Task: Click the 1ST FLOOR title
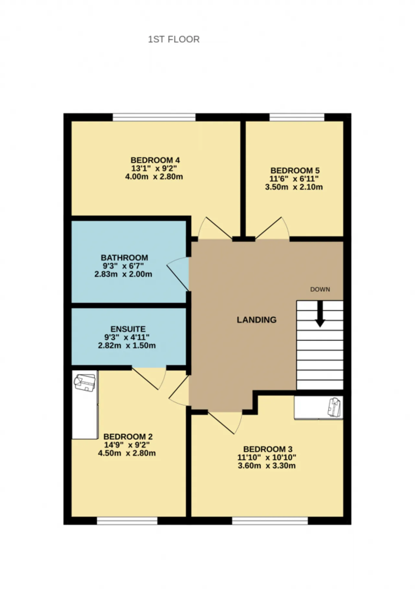[x=174, y=39]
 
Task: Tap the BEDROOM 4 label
[x=155, y=160]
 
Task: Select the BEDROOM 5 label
[x=295, y=170]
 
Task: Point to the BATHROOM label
[x=124, y=258]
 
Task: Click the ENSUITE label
[x=128, y=329]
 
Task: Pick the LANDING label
[x=257, y=320]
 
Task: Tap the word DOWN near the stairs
[x=320, y=289]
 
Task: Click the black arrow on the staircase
[x=320, y=314]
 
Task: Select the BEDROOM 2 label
[x=128, y=436]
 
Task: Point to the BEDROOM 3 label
[x=268, y=449]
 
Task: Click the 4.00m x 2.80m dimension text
[x=154, y=177]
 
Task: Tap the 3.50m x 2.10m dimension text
[x=294, y=187]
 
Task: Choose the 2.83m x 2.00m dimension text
[x=123, y=274]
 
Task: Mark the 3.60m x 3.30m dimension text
[x=267, y=466]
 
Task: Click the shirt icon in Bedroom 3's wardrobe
[x=334, y=407]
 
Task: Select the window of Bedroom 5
[x=297, y=117]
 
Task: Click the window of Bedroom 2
[x=127, y=521]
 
